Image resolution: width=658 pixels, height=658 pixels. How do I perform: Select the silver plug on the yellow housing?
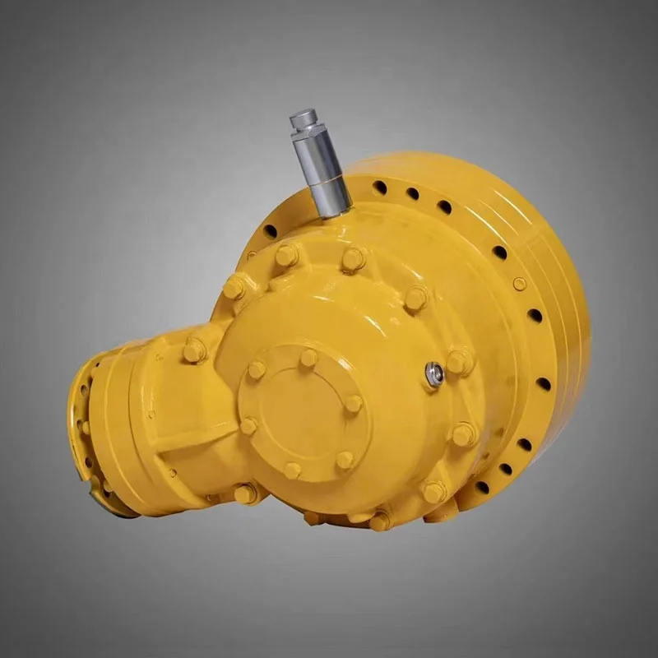[x=434, y=374]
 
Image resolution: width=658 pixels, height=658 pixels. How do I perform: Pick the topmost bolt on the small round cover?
[x=308, y=358]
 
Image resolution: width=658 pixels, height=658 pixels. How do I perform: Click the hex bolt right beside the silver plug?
[x=458, y=361]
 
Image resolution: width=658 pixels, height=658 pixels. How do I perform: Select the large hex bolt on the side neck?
[x=194, y=351]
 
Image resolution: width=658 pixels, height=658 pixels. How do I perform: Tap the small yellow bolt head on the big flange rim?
[x=519, y=284]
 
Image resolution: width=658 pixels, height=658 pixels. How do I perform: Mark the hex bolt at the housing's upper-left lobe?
[x=234, y=288]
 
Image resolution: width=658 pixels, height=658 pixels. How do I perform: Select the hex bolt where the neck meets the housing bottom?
[x=244, y=493]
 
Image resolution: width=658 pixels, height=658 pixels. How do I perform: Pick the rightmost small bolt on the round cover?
[x=352, y=404]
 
